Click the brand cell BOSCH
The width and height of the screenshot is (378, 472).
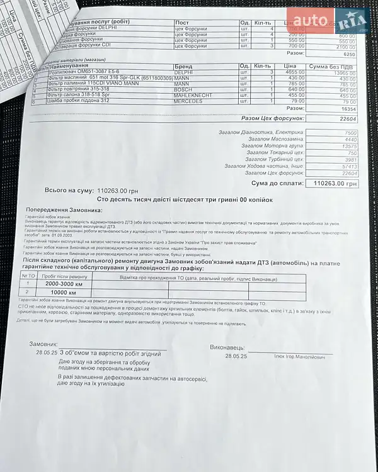coord(183,89)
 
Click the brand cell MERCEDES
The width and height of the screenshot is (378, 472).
coord(188,101)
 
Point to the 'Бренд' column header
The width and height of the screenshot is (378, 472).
coord(185,66)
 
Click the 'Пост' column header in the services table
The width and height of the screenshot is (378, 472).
coord(182,23)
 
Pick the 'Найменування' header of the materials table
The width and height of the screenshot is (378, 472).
coord(69,65)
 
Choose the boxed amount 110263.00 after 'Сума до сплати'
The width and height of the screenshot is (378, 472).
coord(335,184)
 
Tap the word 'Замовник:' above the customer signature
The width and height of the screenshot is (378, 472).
coord(47,344)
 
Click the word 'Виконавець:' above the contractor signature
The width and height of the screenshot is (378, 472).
coord(228,347)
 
